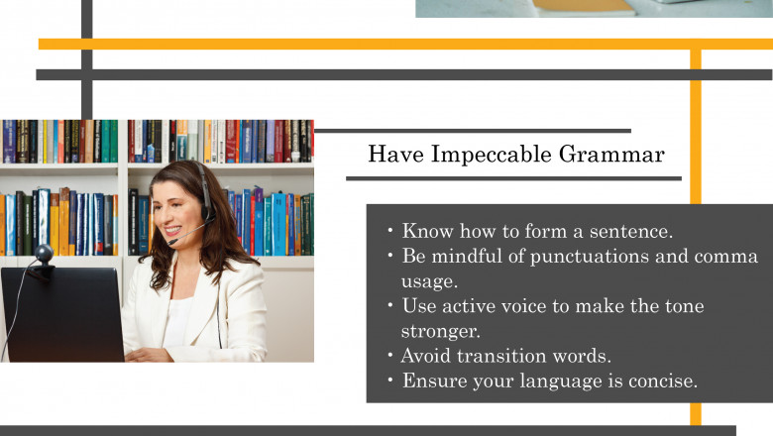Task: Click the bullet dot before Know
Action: [391, 232]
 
